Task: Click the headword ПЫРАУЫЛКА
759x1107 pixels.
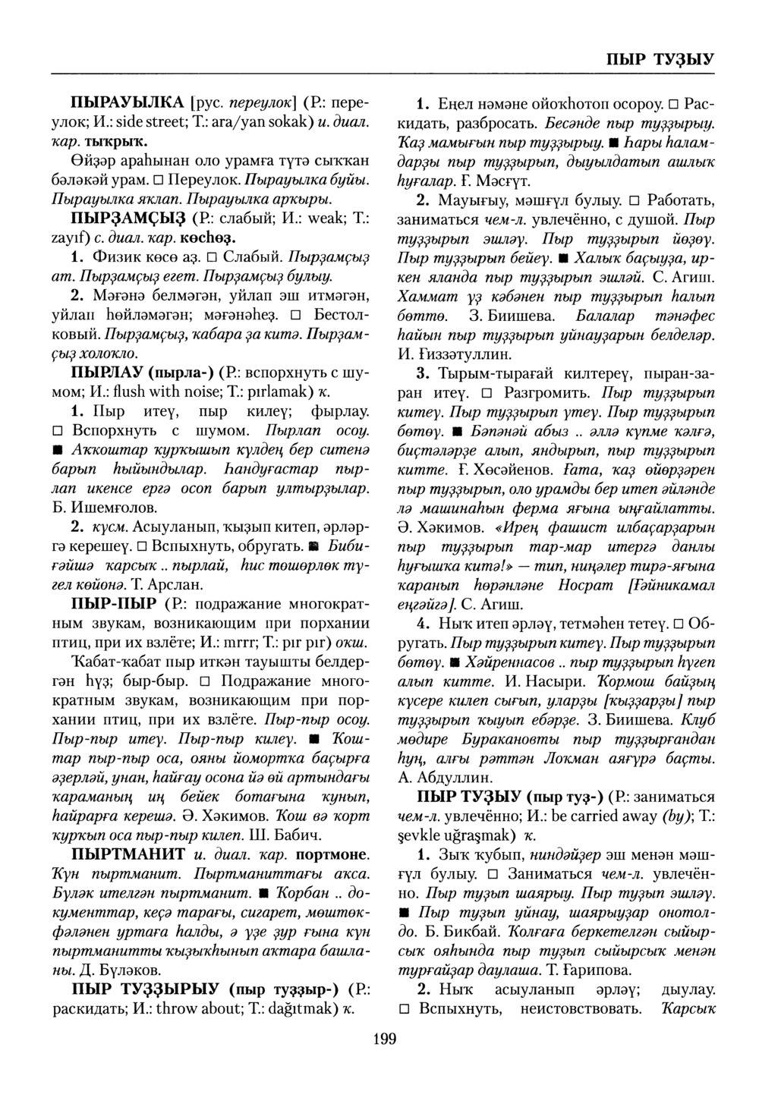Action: pos(127,102)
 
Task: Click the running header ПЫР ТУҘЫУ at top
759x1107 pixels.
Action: pos(659,59)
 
